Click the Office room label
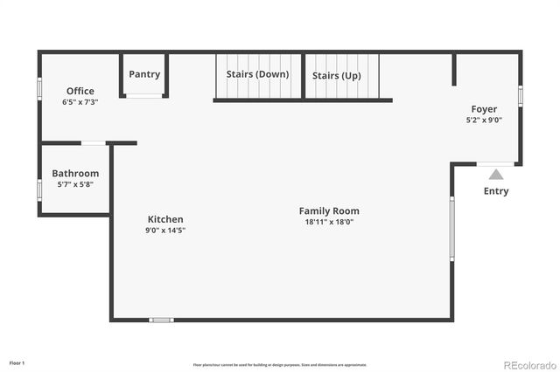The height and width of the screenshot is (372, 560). click(x=80, y=91)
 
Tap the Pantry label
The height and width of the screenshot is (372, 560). click(x=144, y=74)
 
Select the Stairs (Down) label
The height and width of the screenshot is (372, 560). click(x=257, y=74)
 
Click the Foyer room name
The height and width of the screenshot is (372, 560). click(x=484, y=109)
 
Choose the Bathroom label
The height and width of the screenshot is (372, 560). click(x=75, y=174)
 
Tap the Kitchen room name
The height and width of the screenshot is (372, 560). click(x=165, y=219)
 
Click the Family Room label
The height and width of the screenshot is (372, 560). click(x=329, y=210)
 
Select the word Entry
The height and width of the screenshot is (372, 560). click(x=496, y=191)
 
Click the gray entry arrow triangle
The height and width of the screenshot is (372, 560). click(x=496, y=175)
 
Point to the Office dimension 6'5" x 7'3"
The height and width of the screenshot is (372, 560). click(x=80, y=102)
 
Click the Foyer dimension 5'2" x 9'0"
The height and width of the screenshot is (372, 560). click(x=484, y=121)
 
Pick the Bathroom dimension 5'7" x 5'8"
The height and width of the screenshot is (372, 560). click(x=75, y=184)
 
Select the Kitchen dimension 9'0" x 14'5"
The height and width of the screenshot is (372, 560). click(x=165, y=231)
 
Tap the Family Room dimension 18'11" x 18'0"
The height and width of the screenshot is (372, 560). click(x=329, y=222)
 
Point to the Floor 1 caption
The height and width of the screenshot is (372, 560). click(x=17, y=362)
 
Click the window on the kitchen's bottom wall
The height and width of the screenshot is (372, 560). click(x=161, y=320)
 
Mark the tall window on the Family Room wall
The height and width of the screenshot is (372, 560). click(x=451, y=228)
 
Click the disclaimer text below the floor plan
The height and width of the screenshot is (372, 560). click(x=280, y=364)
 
